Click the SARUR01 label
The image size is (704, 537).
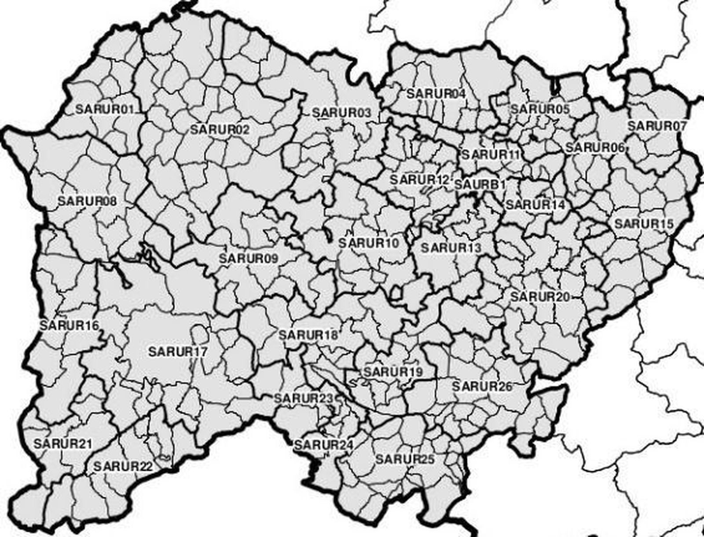(105, 109)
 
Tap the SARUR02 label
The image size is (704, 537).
(220, 130)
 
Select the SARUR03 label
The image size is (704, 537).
(341, 113)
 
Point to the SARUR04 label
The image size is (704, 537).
(436, 94)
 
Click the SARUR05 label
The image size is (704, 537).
(540, 109)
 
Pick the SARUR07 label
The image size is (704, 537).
(656, 126)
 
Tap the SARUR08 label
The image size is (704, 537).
(87, 201)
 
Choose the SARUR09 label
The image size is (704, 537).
(249, 258)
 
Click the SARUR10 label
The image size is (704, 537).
(368, 243)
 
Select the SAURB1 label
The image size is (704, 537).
(479, 185)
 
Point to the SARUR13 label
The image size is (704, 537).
(451, 248)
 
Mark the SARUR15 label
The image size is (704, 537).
(644, 223)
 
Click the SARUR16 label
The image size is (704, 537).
(69, 325)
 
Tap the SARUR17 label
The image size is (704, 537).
(178, 352)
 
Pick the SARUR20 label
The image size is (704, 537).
(540, 297)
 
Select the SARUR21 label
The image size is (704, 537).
(63, 443)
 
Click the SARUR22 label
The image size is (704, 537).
(123, 466)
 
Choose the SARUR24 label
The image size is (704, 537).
(324, 445)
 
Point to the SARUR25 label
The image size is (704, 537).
(405, 459)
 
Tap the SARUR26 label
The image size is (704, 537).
(482, 387)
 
